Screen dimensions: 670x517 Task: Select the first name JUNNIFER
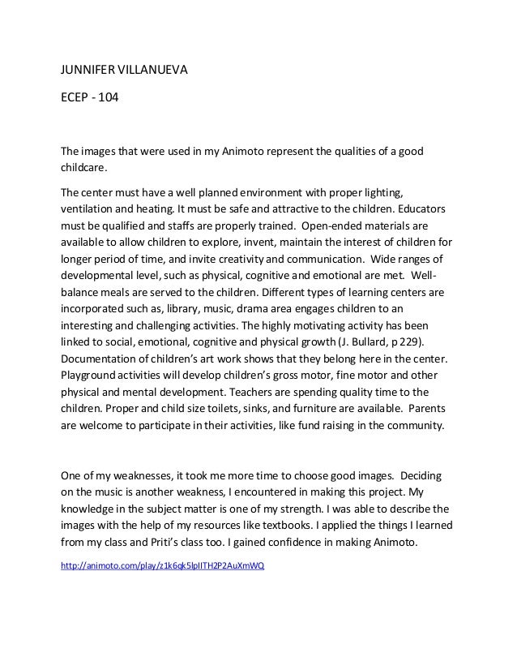pyautogui.click(x=89, y=71)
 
